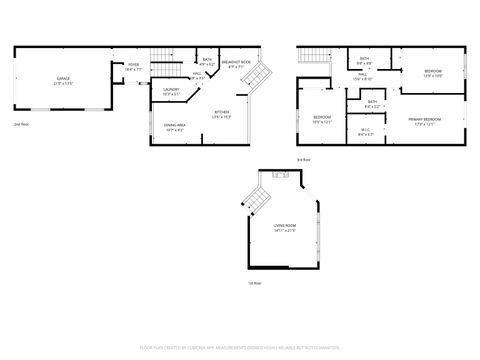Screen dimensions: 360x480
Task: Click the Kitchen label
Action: [221, 114]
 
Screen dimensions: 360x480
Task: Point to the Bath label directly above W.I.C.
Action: [371, 103]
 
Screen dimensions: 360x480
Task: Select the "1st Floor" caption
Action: [255, 282]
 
